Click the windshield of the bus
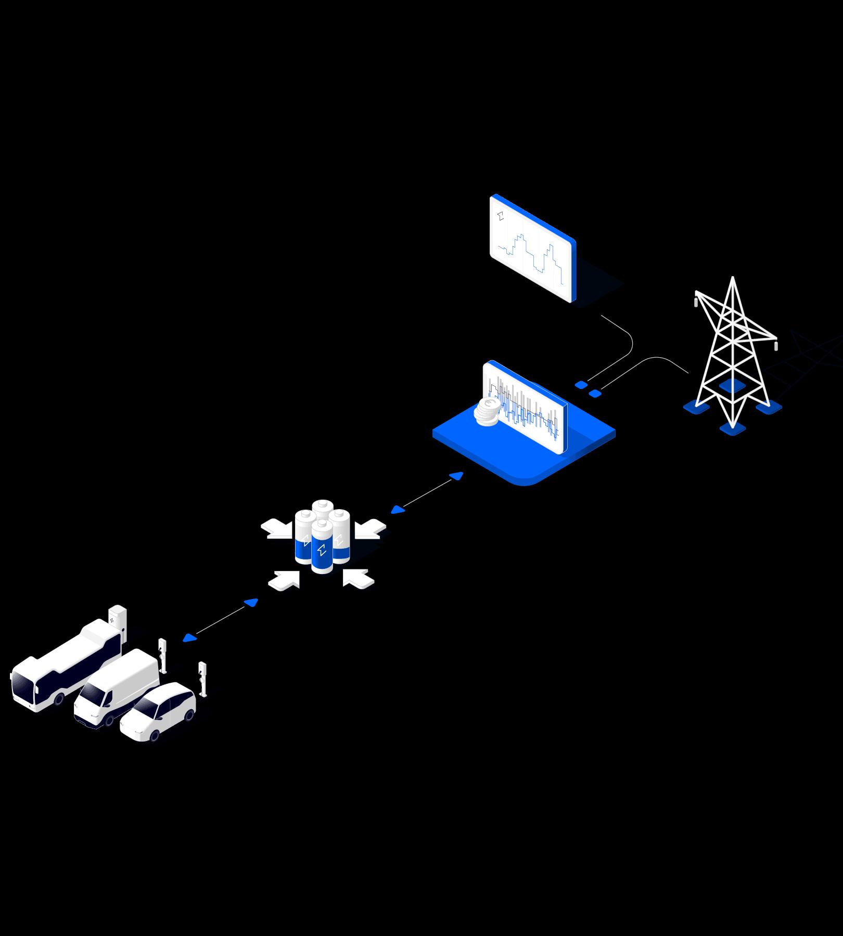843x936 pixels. (23, 685)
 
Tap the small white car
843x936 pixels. (159, 710)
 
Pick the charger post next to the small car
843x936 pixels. (202, 679)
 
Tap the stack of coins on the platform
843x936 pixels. (487, 412)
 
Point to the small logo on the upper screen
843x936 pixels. (501, 216)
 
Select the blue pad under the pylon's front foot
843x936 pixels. (733, 429)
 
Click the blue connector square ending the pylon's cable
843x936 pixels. (595, 394)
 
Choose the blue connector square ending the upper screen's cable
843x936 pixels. (581, 385)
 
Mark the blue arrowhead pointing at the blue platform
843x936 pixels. (456, 475)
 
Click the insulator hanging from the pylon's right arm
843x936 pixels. (776, 345)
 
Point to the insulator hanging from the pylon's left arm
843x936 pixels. (696, 301)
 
